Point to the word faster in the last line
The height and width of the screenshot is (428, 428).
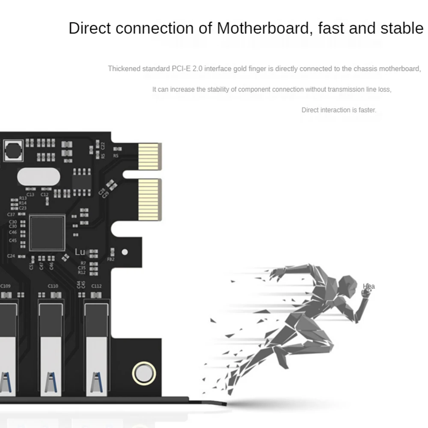pyautogui.click(x=367, y=110)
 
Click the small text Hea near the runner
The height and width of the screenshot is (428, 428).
pyautogui.click(x=369, y=286)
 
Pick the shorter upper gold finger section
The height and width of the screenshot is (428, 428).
pyautogui.click(x=149, y=157)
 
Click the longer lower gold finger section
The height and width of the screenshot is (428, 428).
pyautogui.click(x=149, y=200)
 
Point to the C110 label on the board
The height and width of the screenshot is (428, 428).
pyautogui.click(x=53, y=286)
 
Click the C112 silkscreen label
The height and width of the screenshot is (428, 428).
pyautogui.click(x=96, y=286)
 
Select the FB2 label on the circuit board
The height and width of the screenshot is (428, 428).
pyautogui.click(x=111, y=259)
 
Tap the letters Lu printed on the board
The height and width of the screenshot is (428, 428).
pyautogui.click(x=80, y=252)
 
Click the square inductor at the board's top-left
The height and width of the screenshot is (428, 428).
pyautogui.click(x=13, y=150)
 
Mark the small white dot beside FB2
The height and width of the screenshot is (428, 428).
pyautogui.click(x=125, y=252)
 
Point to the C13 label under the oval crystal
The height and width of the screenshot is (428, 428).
pyautogui.click(x=30, y=194)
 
